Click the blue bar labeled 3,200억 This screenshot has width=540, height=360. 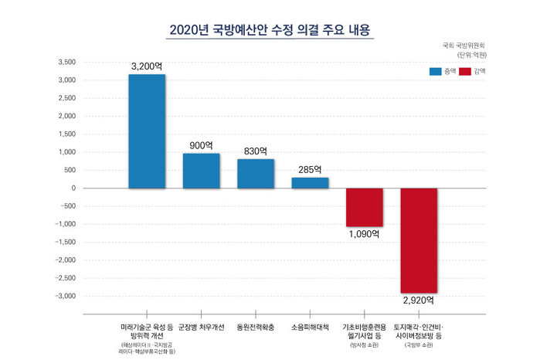(x=147, y=131)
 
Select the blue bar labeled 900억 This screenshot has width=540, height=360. (x=201, y=171)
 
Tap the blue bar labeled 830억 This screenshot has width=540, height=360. (x=256, y=173)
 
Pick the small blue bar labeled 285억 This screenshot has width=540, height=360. (x=310, y=183)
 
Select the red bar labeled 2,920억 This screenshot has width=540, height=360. (x=419, y=240)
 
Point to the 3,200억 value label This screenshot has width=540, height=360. (x=147, y=67)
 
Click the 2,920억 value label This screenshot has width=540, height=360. (x=419, y=299)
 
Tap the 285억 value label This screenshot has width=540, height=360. (x=310, y=169)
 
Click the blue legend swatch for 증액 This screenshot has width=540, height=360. (x=434, y=71)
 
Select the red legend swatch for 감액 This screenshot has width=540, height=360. (x=464, y=71)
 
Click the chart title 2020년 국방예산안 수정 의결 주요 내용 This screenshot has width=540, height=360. (x=270, y=30)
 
